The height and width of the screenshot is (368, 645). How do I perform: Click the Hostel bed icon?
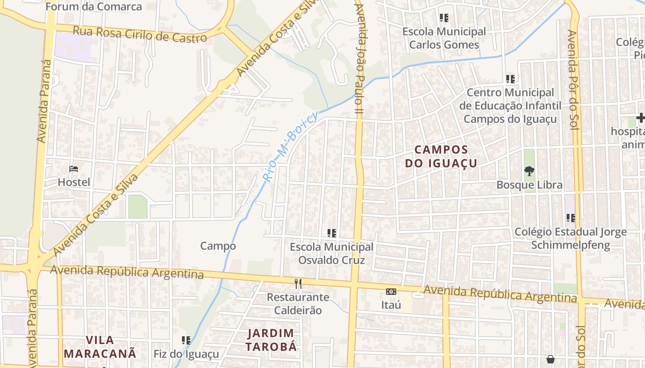[73, 169]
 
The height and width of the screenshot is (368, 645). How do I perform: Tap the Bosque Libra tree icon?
[529, 172]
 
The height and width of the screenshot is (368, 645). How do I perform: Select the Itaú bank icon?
[391, 291]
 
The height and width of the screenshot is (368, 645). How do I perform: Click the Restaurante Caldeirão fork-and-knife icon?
[298, 284]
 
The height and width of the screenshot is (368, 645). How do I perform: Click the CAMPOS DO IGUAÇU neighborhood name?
[441, 156]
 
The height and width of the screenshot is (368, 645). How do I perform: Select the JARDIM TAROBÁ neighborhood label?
[271, 340]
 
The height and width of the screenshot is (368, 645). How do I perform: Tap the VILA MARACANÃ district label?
[100, 347]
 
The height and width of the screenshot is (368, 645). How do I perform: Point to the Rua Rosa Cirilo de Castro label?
[140, 35]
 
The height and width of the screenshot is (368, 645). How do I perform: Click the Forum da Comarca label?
[94, 7]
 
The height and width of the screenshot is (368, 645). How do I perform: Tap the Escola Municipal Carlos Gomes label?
[444, 38]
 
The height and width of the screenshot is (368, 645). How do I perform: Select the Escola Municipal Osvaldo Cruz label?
[331, 253]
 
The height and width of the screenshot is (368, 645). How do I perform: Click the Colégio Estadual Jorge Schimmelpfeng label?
[570, 238]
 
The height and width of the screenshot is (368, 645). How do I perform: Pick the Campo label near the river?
[218, 246]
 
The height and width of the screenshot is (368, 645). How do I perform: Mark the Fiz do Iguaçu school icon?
[186, 340]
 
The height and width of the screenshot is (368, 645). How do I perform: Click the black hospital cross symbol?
[640, 118]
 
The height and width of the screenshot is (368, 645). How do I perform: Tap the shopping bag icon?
[550, 359]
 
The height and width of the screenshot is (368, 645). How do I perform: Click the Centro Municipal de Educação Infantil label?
[510, 106]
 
